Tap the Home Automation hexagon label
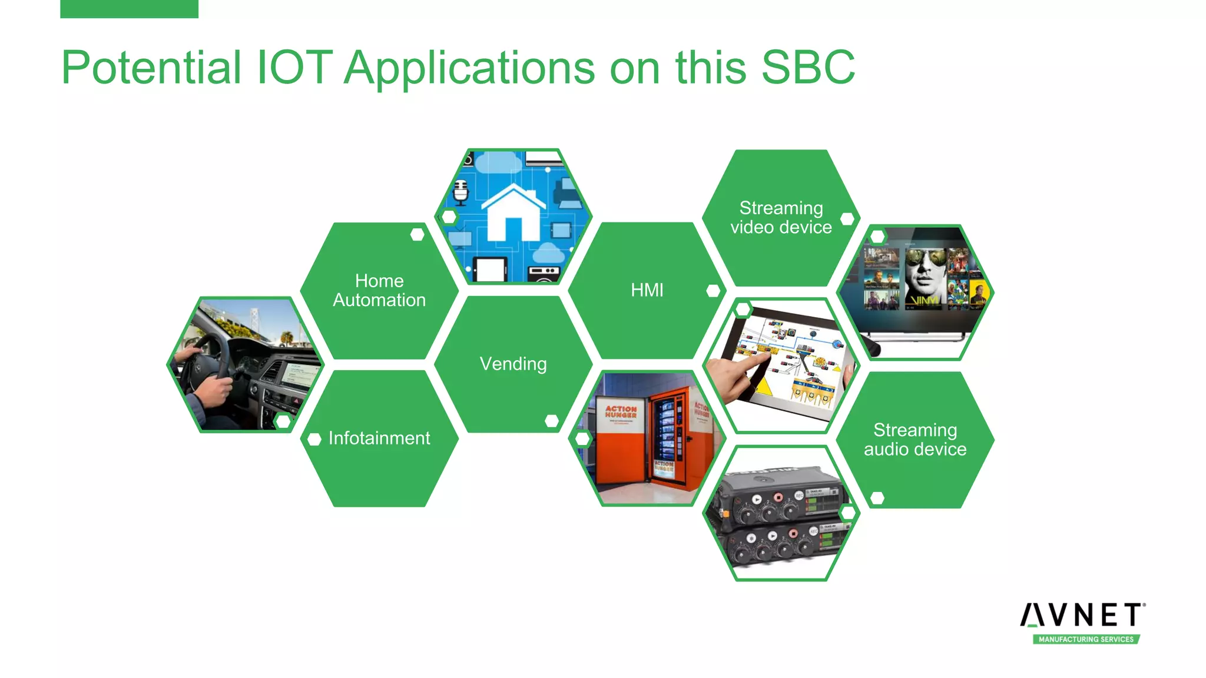coord(379,290)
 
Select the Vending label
coord(513,364)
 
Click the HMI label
coord(647,290)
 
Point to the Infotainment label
coord(379,438)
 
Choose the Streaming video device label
coord(781,217)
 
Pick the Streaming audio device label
coord(915,439)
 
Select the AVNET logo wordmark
coord(1082,616)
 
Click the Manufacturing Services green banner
coord(1086,639)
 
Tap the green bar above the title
coord(129,9)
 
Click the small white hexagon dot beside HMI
coord(713,290)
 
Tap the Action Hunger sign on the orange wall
coord(621,411)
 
